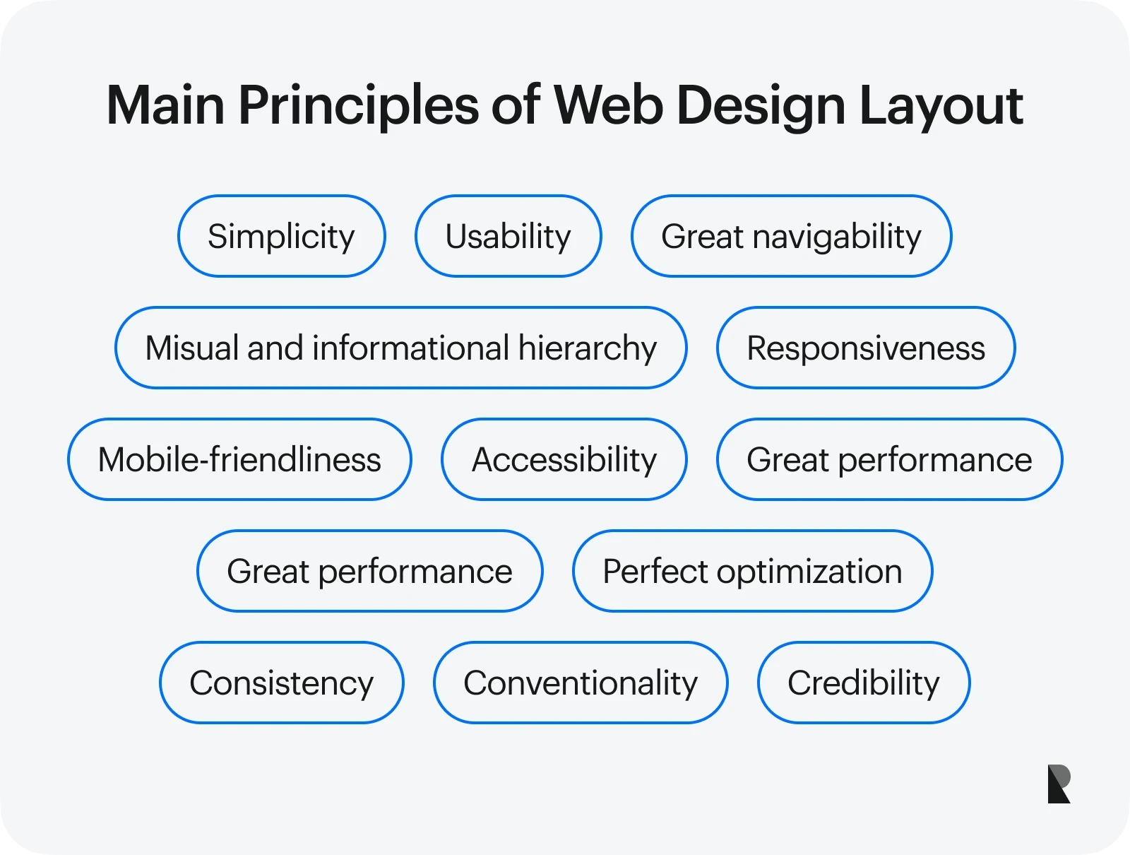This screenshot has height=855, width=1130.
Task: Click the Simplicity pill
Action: (x=281, y=236)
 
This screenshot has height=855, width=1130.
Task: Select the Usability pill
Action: (x=508, y=236)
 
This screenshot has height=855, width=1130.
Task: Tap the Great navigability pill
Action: (x=791, y=236)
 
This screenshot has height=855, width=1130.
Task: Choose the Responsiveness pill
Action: (x=866, y=348)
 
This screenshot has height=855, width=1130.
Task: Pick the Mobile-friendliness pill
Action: (x=239, y=459)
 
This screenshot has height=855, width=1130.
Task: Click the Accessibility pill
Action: (x=564, y=459)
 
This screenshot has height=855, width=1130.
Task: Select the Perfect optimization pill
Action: (x=752, y=571)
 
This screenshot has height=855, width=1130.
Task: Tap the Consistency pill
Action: (x=281, y=683)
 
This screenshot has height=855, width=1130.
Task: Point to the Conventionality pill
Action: (x=580, y=683)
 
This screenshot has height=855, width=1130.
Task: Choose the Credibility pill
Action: (x=863, y=683)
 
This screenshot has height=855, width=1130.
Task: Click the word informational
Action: (x=410, y=348)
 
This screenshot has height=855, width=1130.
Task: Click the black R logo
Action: (x=1059, y=784)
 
